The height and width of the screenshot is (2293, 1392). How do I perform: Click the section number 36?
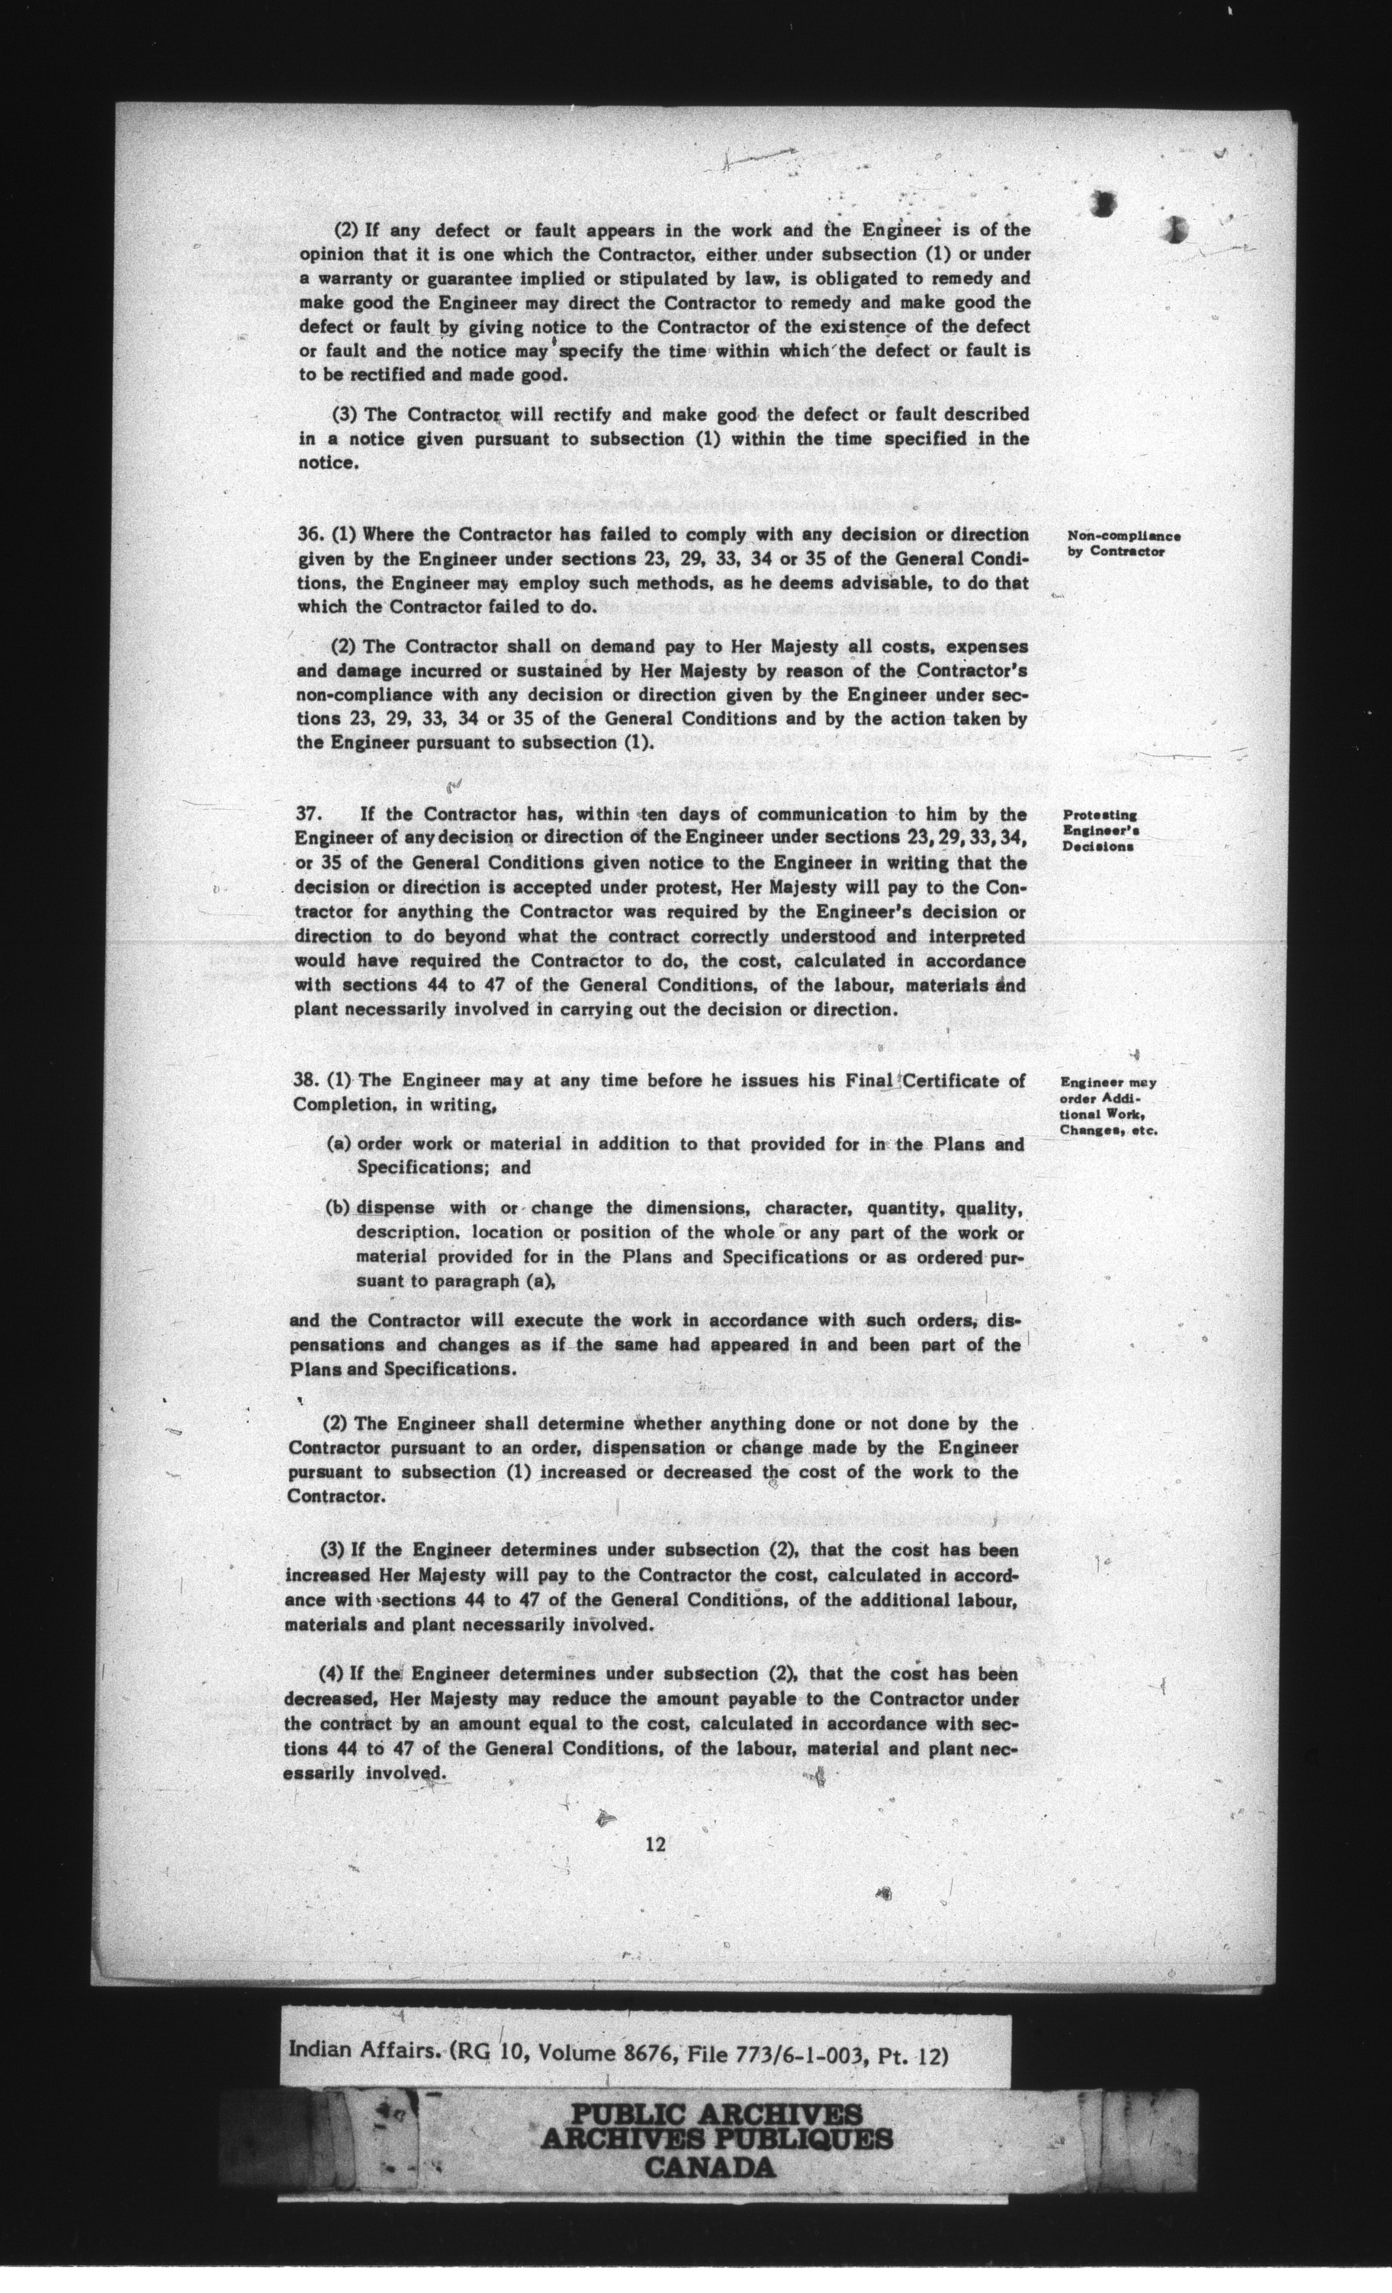pyautogui.click(x=307, y=535)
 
